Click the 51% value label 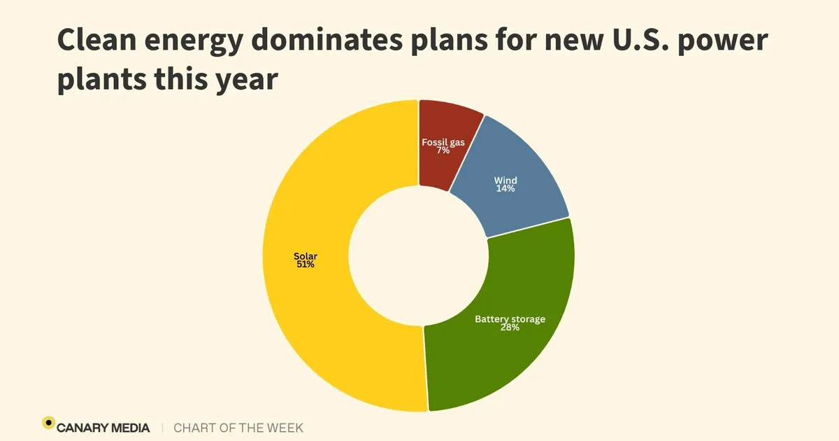coord(304,265)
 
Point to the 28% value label coord(510,327)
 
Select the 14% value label coord(505,189)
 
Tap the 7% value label coord(443,150)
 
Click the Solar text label coord(305,256)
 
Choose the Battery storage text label coord(510,319)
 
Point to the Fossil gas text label coord(443,142)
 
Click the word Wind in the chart coord(505,181)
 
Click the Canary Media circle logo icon coord(48,422)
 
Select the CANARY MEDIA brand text coord(104,427)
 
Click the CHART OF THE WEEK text coord(238,427)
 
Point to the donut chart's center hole coord(418,255)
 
